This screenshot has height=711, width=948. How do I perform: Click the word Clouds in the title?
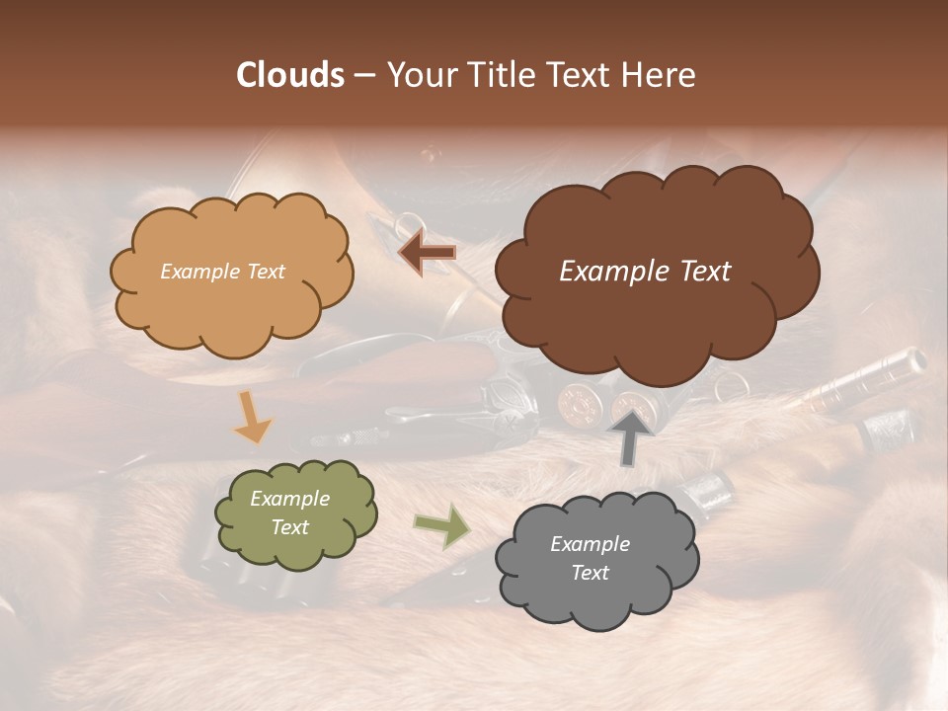coord(290,75)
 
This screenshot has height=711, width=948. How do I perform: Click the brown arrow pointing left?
coord(427,253)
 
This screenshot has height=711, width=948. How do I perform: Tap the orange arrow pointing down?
coord(252,418)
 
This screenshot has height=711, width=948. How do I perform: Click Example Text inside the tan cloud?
coord(222,272)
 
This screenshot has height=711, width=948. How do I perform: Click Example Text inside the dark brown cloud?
coord(645,272)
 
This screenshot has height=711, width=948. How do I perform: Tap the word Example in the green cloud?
coord(289,499)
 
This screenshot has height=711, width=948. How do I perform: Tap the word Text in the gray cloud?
coord(590,573)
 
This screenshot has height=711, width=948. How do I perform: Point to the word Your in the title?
coord(417,75)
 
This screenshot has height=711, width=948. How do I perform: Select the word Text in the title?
coord(579,75)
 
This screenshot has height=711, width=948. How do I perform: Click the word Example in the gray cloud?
coord(590,544)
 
